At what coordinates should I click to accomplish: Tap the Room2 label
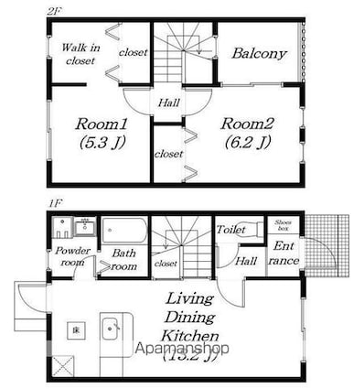pyautogui.click(x=247, y=123)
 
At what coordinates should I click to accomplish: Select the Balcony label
pyautogui.click(x=259, y=53)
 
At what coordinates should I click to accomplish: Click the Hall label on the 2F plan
pyautogui.click(x=168, y=103)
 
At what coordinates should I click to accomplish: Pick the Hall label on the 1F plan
pyautogui.click(x=245, y=260)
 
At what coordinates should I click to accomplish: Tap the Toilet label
pyautogui.click(x=230, y=231)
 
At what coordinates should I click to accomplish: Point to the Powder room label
pyautogui.click(x=70, y=255)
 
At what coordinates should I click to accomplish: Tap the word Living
pyautogui.click(x=189, y=299)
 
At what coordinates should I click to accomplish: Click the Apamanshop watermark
pyautogui.click(x=182, y=349)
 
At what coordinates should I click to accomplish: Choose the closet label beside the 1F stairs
pyautogui.click(x=166, y=264)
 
